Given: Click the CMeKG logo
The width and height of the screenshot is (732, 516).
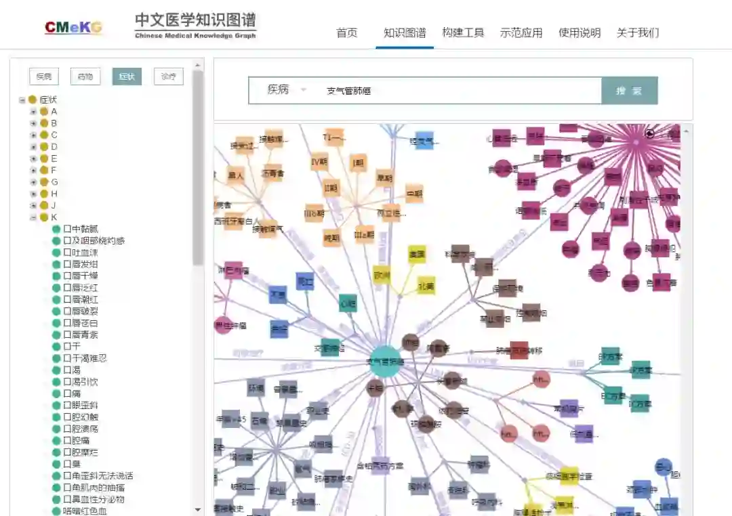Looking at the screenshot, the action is tap(73, 27).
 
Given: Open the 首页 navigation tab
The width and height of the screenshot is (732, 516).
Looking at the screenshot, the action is tap(346, 33).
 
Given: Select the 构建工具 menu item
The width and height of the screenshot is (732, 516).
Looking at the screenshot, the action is tap(463, 33).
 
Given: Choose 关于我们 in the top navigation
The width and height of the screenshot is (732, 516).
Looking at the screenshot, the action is tap(637, 33).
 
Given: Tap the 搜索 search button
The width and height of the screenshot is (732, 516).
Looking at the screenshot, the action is tap(629, 91).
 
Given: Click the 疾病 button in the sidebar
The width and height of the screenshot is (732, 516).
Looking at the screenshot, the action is tap(44, 77).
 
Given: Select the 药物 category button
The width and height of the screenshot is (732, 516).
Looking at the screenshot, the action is tap(85, 77).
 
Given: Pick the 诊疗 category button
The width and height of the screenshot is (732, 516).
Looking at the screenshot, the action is tap(168, 77).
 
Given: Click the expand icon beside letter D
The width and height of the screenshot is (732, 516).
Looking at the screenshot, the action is tap(33, 147).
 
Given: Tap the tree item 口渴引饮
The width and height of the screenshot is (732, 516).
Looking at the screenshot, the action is tap(81, 382).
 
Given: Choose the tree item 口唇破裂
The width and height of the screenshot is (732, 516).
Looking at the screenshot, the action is tap(81, 311).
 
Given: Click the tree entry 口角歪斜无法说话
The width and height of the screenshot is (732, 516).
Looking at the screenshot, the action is tap(98, 476).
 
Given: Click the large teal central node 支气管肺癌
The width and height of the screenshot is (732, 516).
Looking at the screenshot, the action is tap(385, 362).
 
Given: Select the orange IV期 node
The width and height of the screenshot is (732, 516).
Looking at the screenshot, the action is tap(320, 163).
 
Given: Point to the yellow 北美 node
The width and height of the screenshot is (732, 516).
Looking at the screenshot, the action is tap(426, 285).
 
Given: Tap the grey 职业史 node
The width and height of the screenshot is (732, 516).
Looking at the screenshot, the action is tap(319, 410).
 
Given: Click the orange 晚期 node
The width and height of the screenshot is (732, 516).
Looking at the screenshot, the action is tap(331, 238).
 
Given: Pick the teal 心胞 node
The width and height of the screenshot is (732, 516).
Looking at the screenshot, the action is tap(348, 303).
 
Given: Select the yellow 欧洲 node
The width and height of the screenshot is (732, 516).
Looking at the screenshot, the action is tap(382, 275).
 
